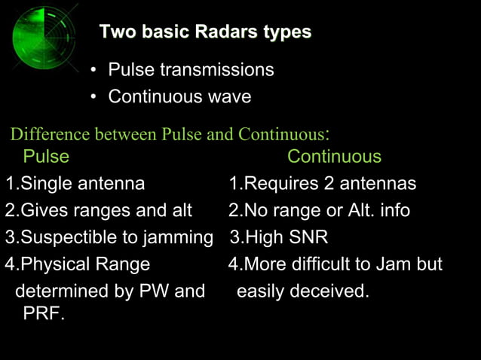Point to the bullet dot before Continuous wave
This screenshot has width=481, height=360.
point(93,98)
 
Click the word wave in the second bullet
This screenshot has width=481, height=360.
point(230,97)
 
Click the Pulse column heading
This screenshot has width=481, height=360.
point(46,157)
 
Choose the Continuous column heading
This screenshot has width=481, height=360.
point(334,157)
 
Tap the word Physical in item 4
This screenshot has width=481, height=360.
point(54,264)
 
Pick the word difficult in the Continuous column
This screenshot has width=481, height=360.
point(336,264)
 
